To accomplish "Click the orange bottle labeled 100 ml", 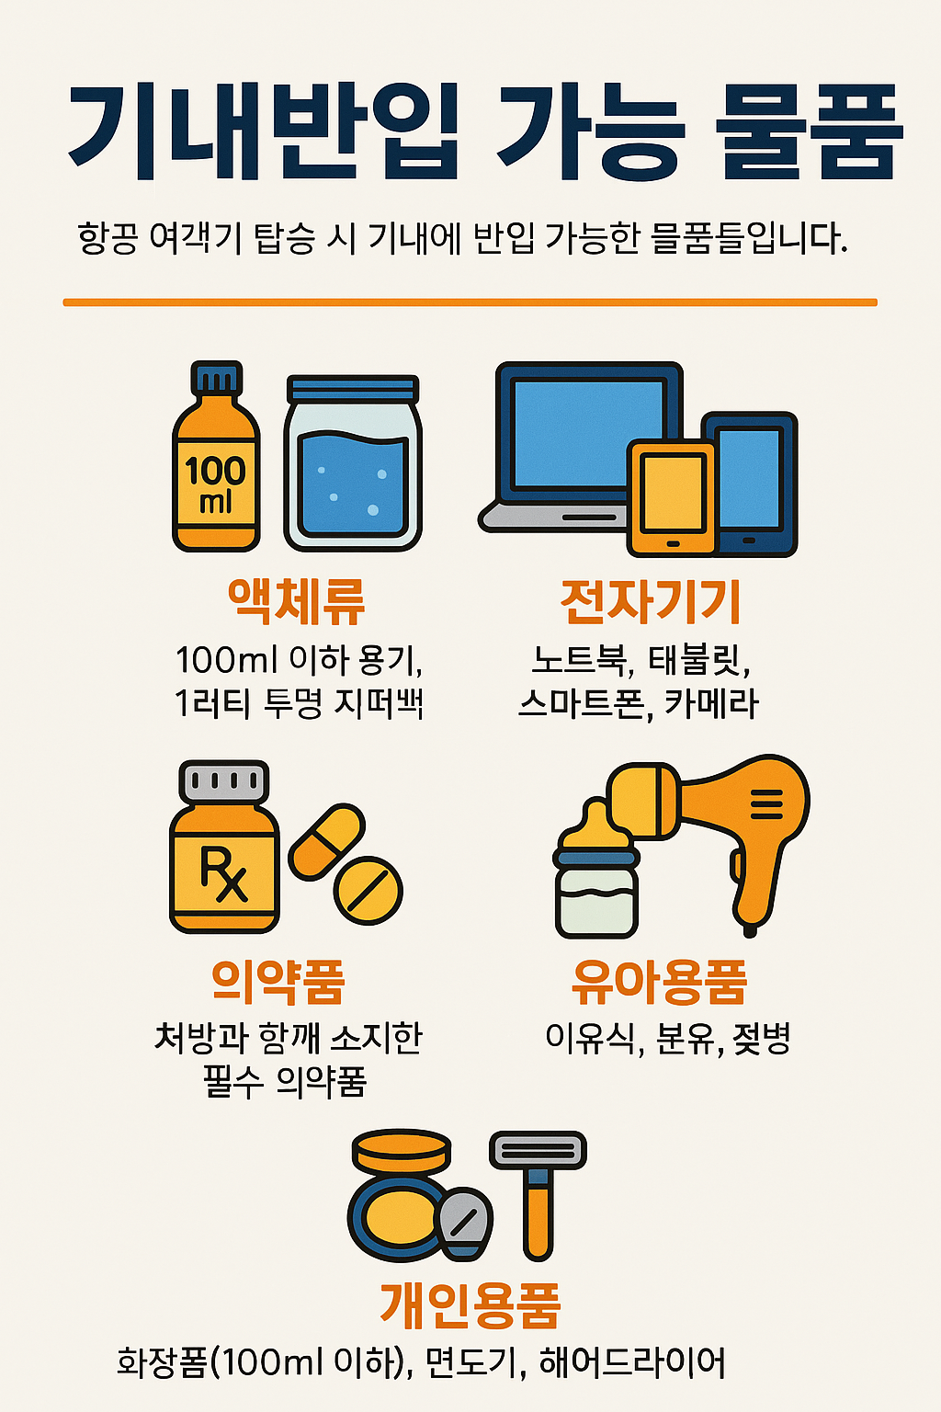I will (x=216, y=469).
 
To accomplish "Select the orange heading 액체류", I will (x=296, y=601).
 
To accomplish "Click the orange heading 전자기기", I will (x=651, y=601).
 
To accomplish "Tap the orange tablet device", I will (x=672, y=497).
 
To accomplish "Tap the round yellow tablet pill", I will (x=368, y=891).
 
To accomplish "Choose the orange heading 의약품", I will (x=278, y=982).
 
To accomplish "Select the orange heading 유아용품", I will (x=659, y=982).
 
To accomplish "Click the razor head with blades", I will (x=538, y=1150).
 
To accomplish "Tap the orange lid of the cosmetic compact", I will (x=402, y=1152).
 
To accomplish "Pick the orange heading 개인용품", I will (x=470, y=1304).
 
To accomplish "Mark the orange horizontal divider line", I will (x=470, y=302).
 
